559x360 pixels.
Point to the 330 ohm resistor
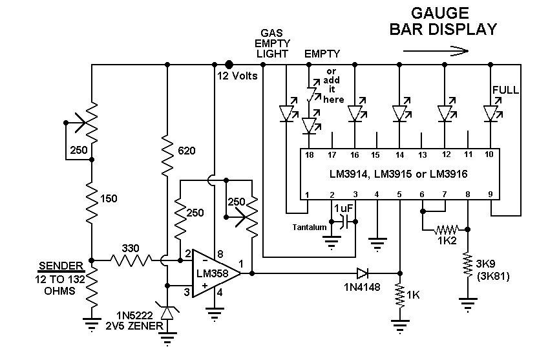point(131,260)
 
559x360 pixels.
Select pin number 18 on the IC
point(309,155)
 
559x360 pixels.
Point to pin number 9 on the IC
point(490,195)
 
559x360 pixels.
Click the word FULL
point(505,89)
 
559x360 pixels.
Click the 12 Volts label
point(237,76)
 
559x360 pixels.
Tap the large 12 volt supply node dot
point(229,65)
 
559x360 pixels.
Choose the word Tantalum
point(310,228)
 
